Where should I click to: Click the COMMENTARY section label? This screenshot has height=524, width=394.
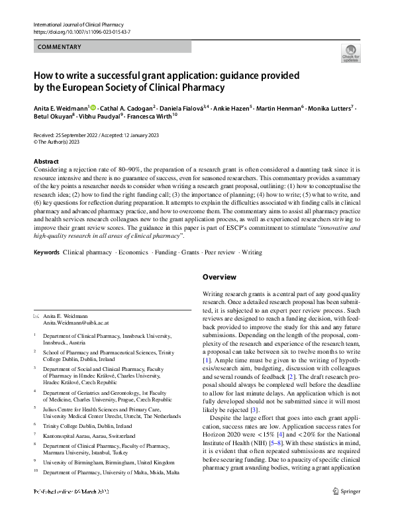[x=60, y=47]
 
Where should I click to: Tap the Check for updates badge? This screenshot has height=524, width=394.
[x=350, y=53]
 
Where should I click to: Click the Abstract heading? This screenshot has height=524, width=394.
[x=46, y=162]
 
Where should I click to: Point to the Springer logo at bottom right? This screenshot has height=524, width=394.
[x=347, y=509]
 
